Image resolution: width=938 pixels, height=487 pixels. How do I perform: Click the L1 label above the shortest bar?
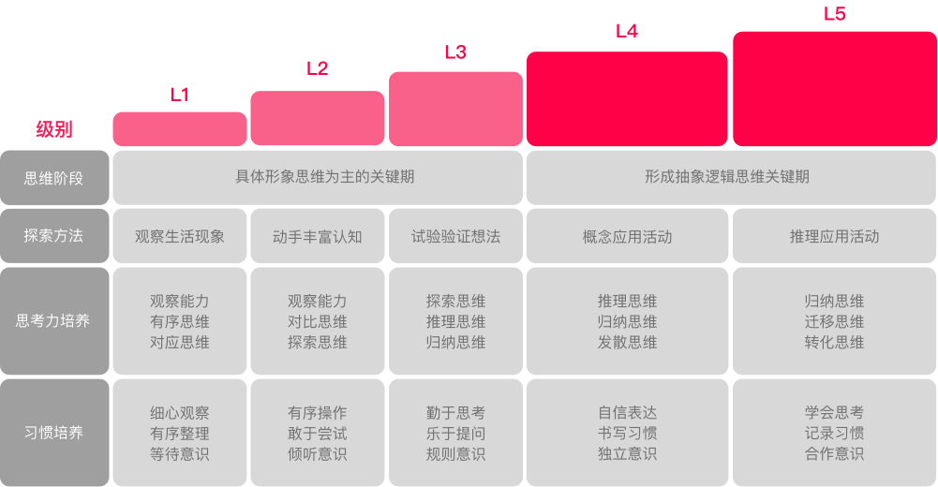click(x=179, y=95)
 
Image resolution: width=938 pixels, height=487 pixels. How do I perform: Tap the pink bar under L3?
click(x=455, y=109)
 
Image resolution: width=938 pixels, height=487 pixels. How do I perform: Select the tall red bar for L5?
click(x=834, y=89)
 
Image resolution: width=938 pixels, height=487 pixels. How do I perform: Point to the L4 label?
click(x=627, y=31)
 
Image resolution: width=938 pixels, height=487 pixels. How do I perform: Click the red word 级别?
click(x=54, y=129)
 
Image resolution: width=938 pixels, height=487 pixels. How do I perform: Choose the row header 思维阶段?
click(x=54, y=177)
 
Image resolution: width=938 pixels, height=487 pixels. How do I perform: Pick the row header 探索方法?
click(x=54, y=236)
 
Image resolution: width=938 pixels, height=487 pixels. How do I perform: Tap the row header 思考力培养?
click(x=54, y=321)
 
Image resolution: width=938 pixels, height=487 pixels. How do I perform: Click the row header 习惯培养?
click(x=54, y=433)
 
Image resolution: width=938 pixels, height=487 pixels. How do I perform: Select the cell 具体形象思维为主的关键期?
click(x=317, y=177)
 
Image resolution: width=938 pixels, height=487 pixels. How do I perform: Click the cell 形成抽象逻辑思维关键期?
click(x=731, y=177)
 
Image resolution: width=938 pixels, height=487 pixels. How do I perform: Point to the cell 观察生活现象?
click(x=180, y=236)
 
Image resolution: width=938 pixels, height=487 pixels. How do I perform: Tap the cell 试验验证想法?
click(x=455, y=236)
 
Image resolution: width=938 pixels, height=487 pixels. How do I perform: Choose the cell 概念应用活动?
click(x=627, y=236)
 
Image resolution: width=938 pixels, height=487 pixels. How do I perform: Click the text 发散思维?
click(x=627, y=342)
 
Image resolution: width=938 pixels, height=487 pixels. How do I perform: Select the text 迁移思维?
click(x=834, y=321)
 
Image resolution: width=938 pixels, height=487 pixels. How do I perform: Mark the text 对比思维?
click(x=317, y=321)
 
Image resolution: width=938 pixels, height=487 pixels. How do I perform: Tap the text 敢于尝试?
click(x=317, y=433)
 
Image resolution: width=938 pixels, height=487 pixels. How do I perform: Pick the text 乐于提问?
click(x=455, y=433)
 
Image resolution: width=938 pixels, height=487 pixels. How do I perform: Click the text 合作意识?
click(x=834, y=453)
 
